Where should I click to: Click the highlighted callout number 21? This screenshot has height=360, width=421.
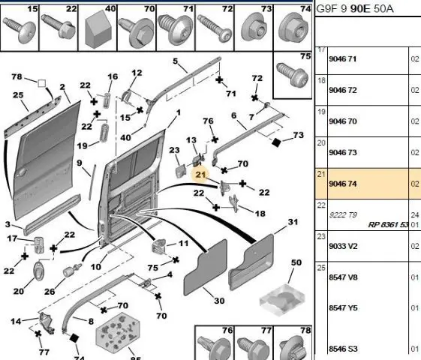point(200,175)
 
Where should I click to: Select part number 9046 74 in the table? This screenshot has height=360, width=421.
point(343,184)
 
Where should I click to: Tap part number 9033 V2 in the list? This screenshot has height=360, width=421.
point(343,246)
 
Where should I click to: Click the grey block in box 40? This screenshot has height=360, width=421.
point(98,29)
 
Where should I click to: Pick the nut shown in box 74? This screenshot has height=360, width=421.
point(293,30)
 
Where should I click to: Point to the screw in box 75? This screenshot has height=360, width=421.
point(293,75)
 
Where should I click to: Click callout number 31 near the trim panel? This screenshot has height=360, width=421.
point(293,222)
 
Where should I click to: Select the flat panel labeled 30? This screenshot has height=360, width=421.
point(205,267)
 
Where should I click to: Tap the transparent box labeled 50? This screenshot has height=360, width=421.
point(282,300)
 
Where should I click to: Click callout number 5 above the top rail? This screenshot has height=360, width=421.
point(176,61)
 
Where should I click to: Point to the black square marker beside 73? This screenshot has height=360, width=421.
point(275,142)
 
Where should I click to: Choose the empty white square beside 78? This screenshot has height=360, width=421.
point(41,83)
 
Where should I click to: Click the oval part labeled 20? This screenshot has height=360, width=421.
point(38,272)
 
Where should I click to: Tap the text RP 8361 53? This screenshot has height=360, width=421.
point(388,224)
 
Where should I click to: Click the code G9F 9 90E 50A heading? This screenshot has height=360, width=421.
point(355,9)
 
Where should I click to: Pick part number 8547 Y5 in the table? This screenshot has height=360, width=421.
point(343,307)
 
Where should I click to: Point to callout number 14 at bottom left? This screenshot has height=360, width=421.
point(16,321)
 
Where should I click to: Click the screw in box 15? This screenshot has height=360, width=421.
point(20,30)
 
